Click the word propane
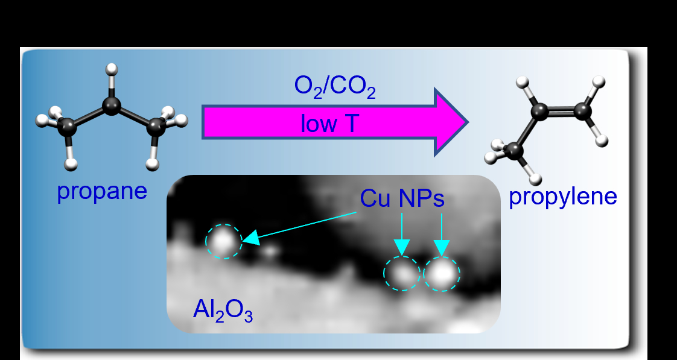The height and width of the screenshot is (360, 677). (102, 191)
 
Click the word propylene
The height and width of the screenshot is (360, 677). (563, 197)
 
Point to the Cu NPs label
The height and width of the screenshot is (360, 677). (402, 198)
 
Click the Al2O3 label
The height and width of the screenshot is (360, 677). (223, 309)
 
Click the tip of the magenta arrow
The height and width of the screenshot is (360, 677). (466, 122)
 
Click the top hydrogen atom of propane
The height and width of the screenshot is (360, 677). (110, 69)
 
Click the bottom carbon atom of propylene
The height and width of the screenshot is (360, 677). (515, 149)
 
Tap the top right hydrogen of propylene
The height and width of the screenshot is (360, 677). (598, 81)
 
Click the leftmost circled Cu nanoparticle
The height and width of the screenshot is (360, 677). (223, 241)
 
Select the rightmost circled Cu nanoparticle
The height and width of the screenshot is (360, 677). (442, 274)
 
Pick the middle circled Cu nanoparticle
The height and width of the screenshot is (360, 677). (402, 274)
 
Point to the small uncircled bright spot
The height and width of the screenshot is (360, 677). (270, 248)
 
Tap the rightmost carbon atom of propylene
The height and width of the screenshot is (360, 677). (583, 110)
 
